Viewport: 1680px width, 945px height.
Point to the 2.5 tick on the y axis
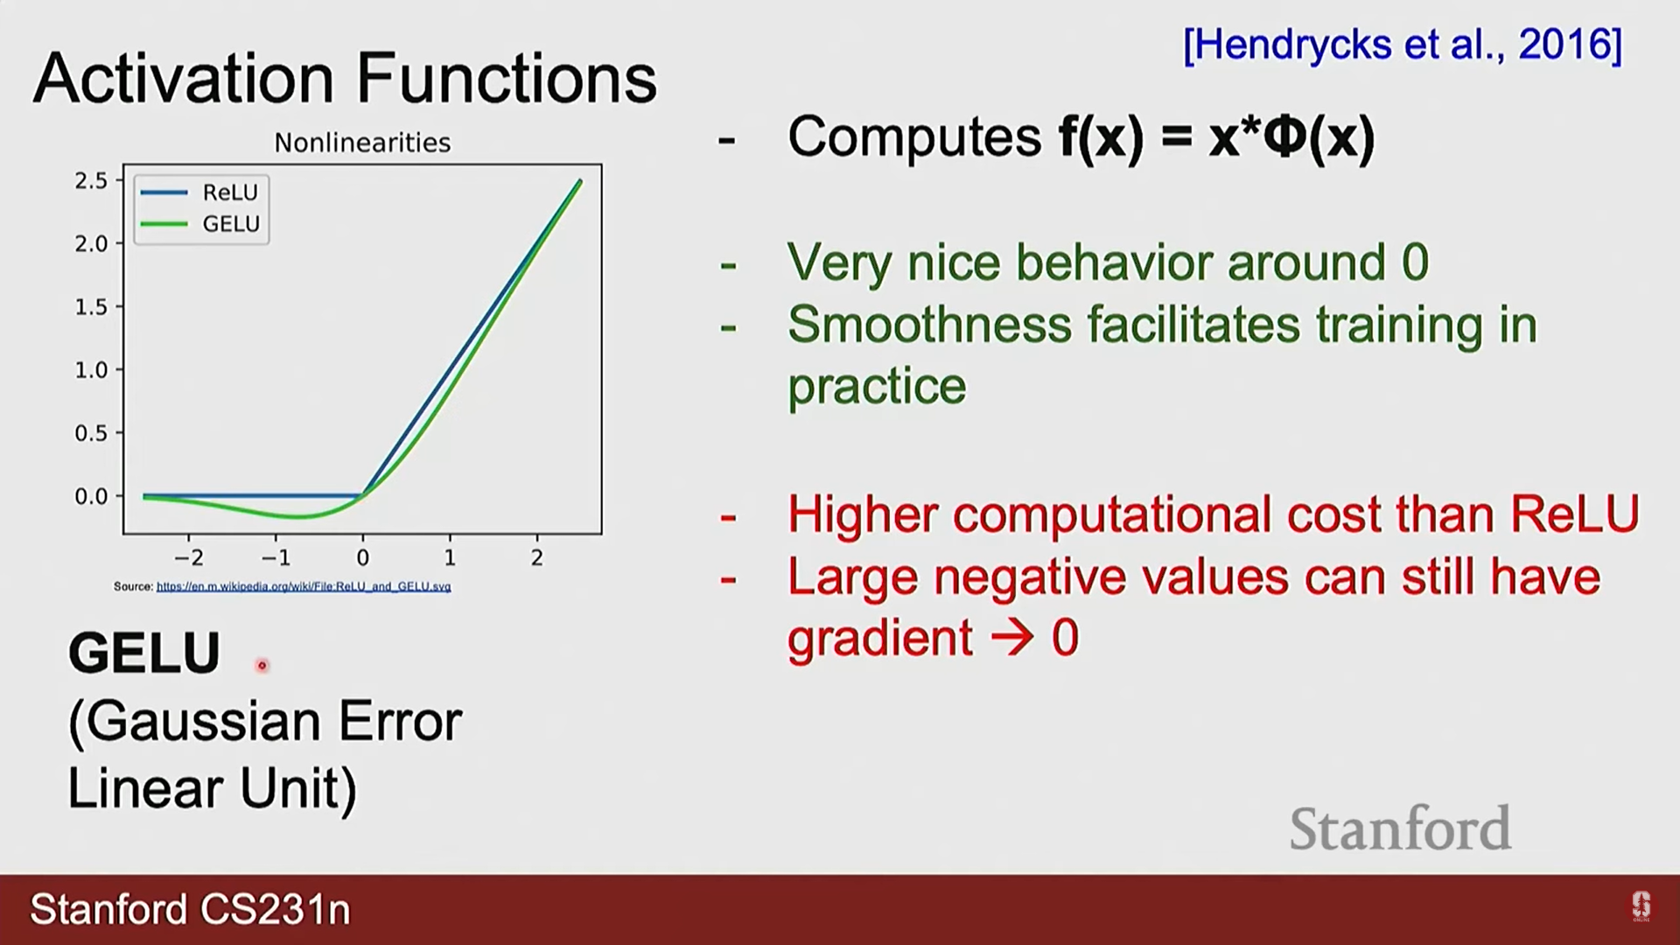[91, 181]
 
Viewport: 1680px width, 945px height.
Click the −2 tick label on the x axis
[189, 557]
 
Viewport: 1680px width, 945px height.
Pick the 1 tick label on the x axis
[450, 557]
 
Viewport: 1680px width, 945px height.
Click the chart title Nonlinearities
[362, 143]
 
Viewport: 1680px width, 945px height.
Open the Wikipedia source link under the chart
[304, 586]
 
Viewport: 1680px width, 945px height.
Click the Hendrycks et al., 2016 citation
[1403, 45]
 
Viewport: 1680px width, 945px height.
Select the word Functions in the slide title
[507, 78]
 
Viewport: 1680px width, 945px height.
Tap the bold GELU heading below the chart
[144, 653]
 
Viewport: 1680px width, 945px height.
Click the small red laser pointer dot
[262, 666]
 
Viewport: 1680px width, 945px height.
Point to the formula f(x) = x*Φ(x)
[1217, 137]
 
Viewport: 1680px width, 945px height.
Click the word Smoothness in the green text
[929, 325]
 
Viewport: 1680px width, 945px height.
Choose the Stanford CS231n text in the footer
[191, 910]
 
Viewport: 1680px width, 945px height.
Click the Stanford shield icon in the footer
[1641, 906]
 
